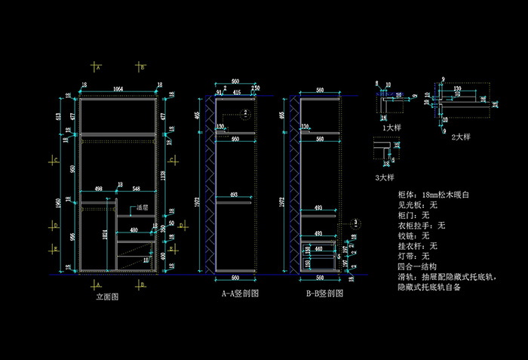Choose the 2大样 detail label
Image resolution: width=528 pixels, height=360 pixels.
pyautogui.click(x=460, y=137)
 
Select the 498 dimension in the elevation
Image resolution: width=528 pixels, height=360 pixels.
pyautogui.click(x=98, y=189)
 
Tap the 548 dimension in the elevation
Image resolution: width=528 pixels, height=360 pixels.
pyautogui.click(x=137, y=189)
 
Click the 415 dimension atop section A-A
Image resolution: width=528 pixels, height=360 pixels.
pyautogui.click(x=237, y=92)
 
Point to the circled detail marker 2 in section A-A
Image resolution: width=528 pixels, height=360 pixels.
pyautogui.click(x=245, y=114)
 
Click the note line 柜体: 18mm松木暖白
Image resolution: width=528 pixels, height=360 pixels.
pyautogui.click(x=434, y=194)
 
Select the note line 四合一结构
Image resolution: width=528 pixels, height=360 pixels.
pyautogui.click(x=416, y=266)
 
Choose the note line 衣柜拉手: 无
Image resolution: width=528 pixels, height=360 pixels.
pyautogui.click(x=421, y=225)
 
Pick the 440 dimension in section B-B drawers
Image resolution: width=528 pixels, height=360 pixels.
pyautogui.click(x=319, y=248)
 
